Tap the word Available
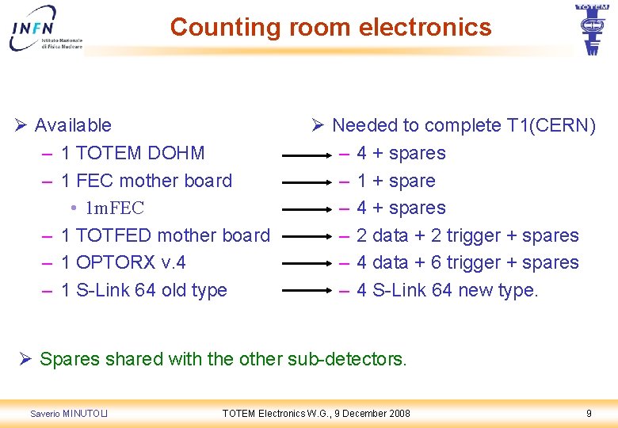(x=73, y=125)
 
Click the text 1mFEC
(x=115, y=208)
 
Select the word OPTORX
(x=111, y=262)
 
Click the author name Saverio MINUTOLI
(x=69, y=414)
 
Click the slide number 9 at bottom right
(x=589, y=413)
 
